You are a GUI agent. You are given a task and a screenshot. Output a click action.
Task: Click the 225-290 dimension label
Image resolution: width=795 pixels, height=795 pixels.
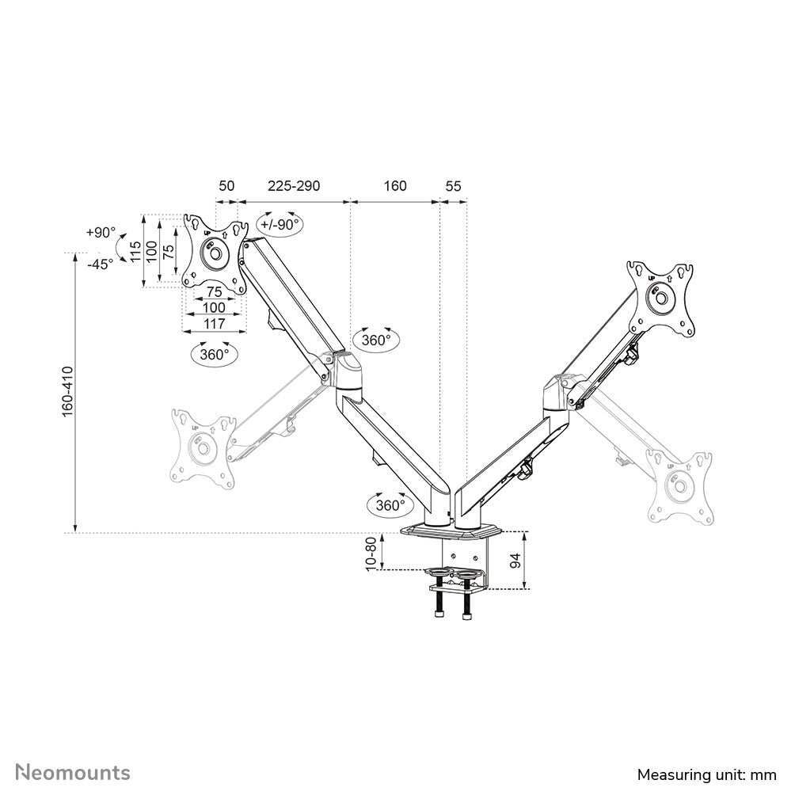[x=293, y=186]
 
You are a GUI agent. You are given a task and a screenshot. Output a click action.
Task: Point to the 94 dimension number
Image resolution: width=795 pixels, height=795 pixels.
[x=515, y=560]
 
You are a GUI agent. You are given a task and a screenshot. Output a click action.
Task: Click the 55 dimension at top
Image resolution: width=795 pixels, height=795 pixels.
[x=453, y=186]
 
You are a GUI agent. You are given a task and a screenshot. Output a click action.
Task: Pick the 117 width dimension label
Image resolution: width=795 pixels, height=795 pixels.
[x=214, y=323]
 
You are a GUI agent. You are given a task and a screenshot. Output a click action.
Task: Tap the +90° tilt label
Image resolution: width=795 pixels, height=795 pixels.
[x=101, y=233]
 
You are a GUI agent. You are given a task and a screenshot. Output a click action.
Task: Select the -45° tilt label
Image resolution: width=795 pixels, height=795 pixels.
[x=101, y=264]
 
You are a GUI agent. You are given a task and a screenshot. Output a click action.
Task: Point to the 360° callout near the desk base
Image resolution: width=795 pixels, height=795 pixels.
[x=390, y=504]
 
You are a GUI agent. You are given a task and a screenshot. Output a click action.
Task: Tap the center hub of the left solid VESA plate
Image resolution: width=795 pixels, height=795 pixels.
[x=214, y=255]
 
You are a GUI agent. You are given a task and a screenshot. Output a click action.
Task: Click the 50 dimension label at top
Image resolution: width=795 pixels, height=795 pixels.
[x=226, y=186]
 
